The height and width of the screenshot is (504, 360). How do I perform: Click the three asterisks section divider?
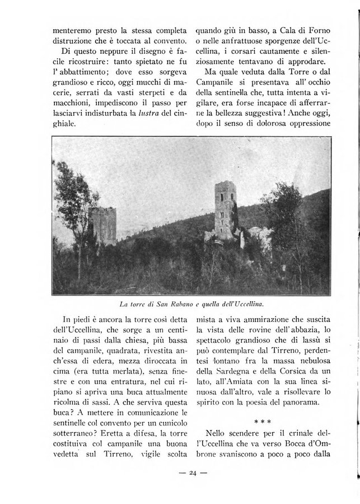click(x=262, y=418)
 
